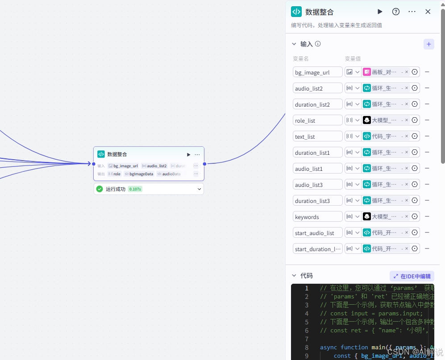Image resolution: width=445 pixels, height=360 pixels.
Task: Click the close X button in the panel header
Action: coord(428,12)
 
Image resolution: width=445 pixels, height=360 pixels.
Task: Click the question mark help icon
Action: coord(396,12)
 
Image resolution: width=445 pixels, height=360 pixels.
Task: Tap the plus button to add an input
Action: coord(428,44)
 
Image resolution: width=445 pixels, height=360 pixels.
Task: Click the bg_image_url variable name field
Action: coord(317,72)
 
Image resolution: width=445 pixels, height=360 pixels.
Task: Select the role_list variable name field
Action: coord(317,120)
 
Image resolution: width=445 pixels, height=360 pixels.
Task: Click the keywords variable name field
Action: coord(317,217)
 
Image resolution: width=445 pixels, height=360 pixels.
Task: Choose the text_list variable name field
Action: coord(317,137)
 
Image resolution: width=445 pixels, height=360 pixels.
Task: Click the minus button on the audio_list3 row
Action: coord(427,184)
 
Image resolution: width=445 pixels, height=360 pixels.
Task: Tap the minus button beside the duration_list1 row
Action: coord(427,152)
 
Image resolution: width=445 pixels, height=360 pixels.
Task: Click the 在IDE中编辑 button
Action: coord(412,276)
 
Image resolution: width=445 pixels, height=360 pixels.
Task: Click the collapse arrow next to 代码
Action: coord(294,276)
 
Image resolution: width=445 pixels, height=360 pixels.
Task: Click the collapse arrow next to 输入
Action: coord(294,44)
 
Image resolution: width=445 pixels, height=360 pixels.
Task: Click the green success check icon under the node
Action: coord(100,189)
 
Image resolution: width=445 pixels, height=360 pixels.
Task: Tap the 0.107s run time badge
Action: coord(135,189)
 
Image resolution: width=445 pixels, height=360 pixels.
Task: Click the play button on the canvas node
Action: coord(188,154)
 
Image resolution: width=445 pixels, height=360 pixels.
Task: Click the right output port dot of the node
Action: coord(204,164)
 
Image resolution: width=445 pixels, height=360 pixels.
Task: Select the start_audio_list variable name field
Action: coord(317,233)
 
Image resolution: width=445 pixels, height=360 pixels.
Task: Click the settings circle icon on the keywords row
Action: coord(415,216)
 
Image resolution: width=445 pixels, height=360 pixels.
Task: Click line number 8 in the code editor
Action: coord(306,347)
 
